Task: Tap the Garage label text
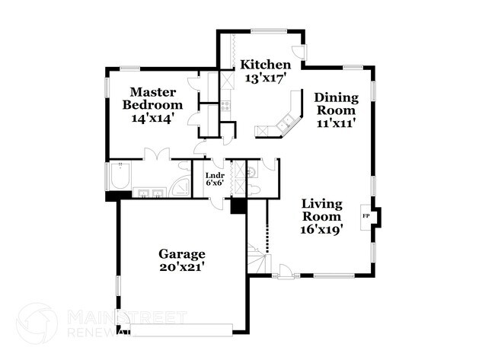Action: [181, 253]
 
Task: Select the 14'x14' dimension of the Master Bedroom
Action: [153, 118]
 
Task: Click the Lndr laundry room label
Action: [214, 175]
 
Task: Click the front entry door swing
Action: [283, 269]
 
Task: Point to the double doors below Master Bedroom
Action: [156, 155]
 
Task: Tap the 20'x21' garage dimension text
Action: [181, 267]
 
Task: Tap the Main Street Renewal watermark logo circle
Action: [37, 323]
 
